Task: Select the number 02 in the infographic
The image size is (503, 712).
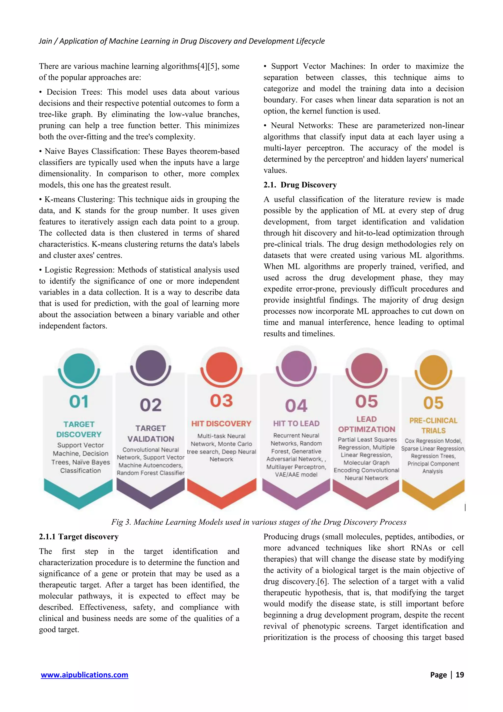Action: [x=151, y=405]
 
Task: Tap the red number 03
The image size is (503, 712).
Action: [x=221, y=401]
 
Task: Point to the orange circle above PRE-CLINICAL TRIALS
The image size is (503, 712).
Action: [x=433, y=370]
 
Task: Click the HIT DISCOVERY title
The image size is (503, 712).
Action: [x=221, y=424]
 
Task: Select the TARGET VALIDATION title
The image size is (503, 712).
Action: [x=151, y=434]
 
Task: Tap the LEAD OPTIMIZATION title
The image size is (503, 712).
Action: [x=366, y=424]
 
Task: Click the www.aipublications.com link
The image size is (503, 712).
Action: [x=84, y=675]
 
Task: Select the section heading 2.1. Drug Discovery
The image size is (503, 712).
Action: [x=300, y=185]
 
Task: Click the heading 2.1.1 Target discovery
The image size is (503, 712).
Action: [x=79, y=537]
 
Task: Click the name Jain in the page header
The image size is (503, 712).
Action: [x=45, y=41]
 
